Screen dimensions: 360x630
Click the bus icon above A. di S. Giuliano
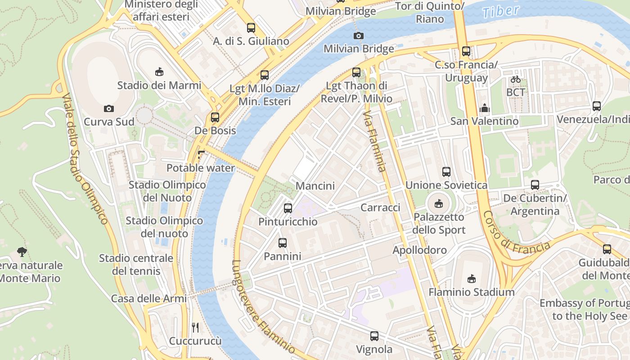(x=251, y=28)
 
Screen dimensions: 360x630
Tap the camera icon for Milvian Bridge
(x=358, y=36)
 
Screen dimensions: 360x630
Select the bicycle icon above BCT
(x=516, y=79)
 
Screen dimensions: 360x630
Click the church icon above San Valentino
(x=485, y=108)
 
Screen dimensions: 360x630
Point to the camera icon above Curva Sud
(x=108, y=108)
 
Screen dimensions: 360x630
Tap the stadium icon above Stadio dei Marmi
(x=159, y=72)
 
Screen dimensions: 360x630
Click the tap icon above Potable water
(x=201, y=155)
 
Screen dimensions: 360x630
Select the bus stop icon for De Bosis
(x=215, y=117)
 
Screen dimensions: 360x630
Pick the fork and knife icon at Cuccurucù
(x=195, y=327)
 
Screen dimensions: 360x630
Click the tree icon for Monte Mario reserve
(x=21, y=252)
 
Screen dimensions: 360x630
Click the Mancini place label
(x=315, y=186)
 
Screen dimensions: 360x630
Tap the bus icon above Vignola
(x=374, y=336)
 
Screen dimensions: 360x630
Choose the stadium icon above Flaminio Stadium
(x=471, y=279)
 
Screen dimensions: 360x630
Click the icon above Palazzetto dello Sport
(x=438, y=204)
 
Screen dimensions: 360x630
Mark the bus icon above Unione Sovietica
(x=446, y=171)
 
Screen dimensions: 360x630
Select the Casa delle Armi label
(x=148, y=298)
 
